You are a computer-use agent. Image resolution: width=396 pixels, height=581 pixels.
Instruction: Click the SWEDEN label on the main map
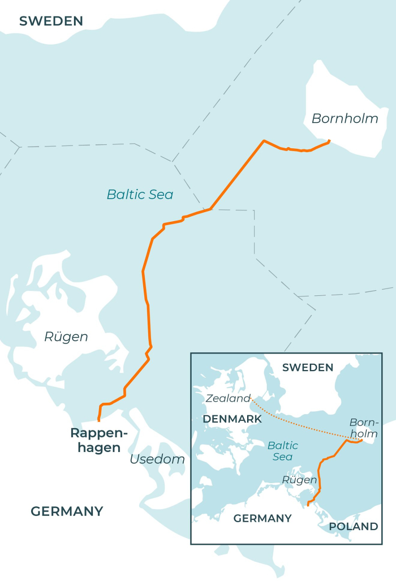tap(51, 21)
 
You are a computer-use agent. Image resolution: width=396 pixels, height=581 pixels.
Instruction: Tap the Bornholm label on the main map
tap(345, 119)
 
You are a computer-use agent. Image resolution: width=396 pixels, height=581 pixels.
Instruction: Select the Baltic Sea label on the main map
tap(140, 195)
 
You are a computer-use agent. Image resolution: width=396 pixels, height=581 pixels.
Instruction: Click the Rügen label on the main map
tap(66, 337)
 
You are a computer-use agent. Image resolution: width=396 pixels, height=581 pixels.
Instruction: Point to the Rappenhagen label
tap(98, 440)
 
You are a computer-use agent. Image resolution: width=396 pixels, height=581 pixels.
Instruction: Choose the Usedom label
tap(157, 459)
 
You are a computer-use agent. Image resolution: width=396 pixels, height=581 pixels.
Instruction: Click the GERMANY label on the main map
tap(67, 511)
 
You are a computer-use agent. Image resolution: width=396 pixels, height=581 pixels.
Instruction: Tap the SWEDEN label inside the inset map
tap(308, 368)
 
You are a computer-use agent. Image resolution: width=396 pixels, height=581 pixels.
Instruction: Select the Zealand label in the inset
tap(227, 398)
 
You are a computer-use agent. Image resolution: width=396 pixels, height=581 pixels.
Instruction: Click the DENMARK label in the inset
tap(232, 419)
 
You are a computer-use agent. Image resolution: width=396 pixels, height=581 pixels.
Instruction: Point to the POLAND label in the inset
tap(353, 527)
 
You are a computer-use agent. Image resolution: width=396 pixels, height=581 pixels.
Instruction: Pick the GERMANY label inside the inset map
tap(262, 518)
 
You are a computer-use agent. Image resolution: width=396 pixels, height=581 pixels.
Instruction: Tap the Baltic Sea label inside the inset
tap(282, 451)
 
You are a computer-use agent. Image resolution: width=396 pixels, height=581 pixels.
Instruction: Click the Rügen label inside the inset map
tap(299, 480)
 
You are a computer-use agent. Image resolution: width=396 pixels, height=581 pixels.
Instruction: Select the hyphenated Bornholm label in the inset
tap(363, 428)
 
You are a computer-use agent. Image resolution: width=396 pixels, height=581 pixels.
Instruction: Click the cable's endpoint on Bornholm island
tap(329, 140)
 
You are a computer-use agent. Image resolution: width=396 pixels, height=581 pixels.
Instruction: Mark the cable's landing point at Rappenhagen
tap(99, 420)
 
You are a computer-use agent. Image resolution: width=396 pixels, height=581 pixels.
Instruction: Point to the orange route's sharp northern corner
tap(264, 140)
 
